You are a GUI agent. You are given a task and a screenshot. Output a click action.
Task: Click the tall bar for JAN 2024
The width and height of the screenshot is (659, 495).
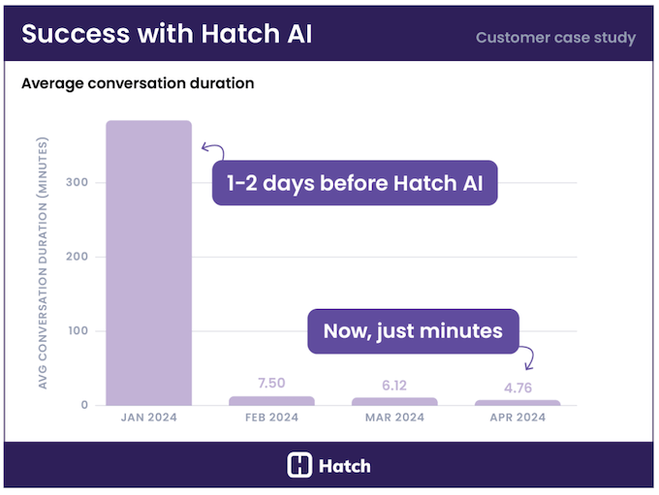(x=148, y=263)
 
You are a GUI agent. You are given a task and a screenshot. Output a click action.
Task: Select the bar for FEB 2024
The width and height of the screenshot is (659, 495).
(x=271, y=401)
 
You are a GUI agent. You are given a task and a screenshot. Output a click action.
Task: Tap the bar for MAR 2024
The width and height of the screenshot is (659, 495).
(x=394, y=401)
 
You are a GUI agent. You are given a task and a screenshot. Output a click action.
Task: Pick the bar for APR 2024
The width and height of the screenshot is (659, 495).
(x=518, y=402)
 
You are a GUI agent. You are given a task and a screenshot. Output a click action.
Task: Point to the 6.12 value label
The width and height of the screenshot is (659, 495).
(x=394, y=386)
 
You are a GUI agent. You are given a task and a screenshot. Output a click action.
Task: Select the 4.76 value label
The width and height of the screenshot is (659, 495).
(x=518, y=388)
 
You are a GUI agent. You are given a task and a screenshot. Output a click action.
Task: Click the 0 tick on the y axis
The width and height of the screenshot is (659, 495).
(x=85, y=405)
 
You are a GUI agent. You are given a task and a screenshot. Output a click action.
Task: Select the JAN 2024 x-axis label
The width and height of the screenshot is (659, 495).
(x=148, y=418)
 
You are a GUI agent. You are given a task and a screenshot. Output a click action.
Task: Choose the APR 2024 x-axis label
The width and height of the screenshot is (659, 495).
(x=518, y=418)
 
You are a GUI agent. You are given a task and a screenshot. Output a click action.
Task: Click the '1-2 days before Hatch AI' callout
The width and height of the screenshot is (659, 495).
(x=355, y=183)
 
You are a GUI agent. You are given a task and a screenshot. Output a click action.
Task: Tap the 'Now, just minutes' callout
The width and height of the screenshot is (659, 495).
(x=413, y=331)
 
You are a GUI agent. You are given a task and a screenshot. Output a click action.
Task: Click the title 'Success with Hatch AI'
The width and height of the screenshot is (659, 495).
(x=167, y=34)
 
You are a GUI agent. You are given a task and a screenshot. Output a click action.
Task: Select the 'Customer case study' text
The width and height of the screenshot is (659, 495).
(x=555, y=38)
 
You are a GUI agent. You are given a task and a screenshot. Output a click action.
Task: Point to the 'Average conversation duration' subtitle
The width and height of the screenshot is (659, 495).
(x=138, y=83)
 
